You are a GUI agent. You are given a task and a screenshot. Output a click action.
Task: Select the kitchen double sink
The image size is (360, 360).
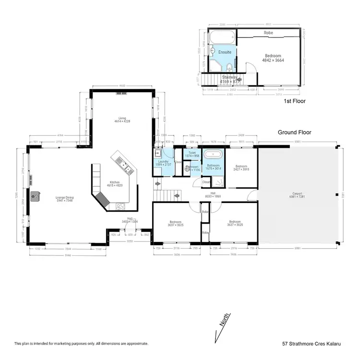point(125,167)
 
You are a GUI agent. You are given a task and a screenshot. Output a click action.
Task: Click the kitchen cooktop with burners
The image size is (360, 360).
point(120,207)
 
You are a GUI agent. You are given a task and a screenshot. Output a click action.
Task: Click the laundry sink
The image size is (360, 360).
point(157,154)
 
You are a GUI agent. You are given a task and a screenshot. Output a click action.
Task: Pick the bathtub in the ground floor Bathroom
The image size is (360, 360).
point(211,156)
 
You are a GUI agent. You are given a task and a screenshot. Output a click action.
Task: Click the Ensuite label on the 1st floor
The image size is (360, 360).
point(224,52)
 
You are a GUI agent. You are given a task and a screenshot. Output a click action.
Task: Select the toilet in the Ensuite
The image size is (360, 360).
point(229,67)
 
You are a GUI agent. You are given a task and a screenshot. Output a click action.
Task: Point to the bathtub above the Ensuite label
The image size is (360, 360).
point(221,36)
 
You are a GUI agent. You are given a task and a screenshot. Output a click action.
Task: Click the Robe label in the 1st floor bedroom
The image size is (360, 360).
point(269,33)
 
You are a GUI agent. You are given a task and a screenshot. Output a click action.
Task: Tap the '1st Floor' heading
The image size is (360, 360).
point(294,101)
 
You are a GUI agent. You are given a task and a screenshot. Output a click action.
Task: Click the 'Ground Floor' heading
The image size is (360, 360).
point(295,132)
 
